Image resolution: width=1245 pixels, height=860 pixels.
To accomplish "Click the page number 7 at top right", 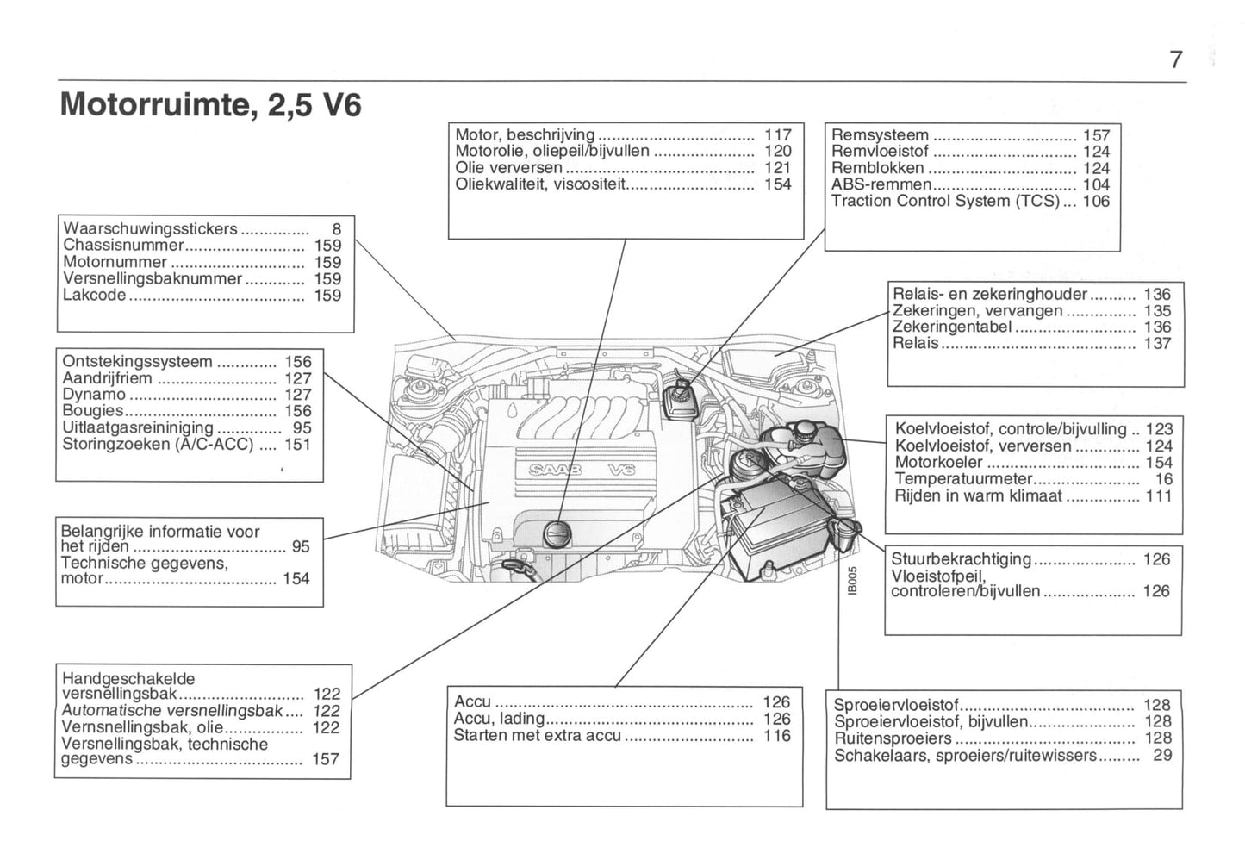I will point(1176,59).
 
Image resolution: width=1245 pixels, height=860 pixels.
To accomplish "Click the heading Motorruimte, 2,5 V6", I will point(211,104).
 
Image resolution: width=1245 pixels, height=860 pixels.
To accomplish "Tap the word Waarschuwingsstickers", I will point(150,228).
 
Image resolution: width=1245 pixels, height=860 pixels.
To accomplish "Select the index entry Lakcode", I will point(95,295).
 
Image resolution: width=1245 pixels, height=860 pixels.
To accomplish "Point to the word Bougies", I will point(92,411).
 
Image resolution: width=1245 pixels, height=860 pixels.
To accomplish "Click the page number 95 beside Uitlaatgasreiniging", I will point(302,427).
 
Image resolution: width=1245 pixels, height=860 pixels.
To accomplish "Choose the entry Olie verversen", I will point(508,167).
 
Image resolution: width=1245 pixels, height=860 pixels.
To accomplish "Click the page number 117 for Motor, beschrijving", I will point(777,134).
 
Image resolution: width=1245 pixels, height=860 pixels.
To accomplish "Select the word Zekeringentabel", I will point(952,327).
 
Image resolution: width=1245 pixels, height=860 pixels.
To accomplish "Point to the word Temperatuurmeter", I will point(962,479).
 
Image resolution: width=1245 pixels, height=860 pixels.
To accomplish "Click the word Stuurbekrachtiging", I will point(961,558).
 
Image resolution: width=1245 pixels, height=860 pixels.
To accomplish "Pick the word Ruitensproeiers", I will point(893,738).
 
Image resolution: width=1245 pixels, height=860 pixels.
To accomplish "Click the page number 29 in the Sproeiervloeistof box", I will point(1162,756).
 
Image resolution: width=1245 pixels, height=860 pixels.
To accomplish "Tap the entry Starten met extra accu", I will point(537,735).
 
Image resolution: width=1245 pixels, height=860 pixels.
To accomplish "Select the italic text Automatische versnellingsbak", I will point(172,711).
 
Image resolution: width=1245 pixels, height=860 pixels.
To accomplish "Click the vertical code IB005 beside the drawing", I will point(851,580).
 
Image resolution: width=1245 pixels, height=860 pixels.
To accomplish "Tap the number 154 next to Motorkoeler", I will point(1158,463).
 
